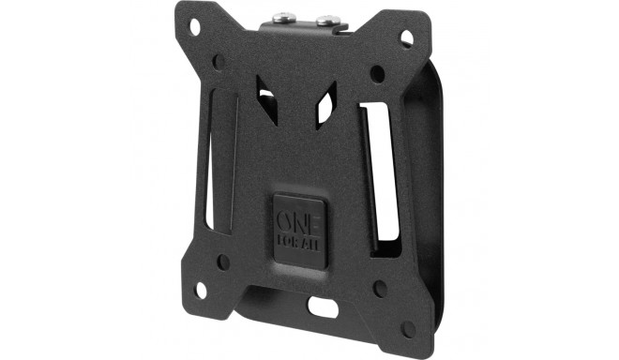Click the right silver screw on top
click(x=327, y=20)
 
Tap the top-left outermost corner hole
click(x=195, y=27)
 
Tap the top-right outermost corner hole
click(x=407, y=38)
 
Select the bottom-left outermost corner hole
click(x=201, y=291)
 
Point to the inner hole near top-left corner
click(x=219, y=62)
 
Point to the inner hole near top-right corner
click(x=377, y=74)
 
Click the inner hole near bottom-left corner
click(x=223, y=262)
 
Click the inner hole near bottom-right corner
click(x=380, y=289)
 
